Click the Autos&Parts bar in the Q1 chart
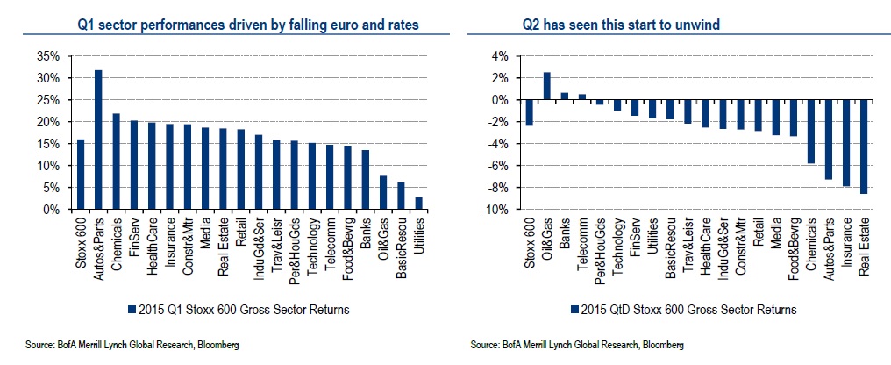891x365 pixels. tap(98, 140)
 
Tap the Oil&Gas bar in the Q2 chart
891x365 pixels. tap(546, 86)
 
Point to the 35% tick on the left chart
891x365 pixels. tap(48, 56)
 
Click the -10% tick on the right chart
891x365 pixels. tap(497, 211)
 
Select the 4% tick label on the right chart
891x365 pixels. tap(501, 56)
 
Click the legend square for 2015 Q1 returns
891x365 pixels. tap(132, 309)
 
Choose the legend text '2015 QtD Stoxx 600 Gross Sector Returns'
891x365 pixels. tap(688, 309)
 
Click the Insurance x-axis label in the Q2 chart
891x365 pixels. tap(847, 238)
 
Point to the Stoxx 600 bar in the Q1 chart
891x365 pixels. tap(81, 175)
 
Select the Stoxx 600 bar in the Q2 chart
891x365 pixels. tap(529, 112)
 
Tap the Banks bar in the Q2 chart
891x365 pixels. tap(564, 97)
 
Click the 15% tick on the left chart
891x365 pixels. tap(48, 144)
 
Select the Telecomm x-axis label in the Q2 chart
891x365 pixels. tap(581, 240)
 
